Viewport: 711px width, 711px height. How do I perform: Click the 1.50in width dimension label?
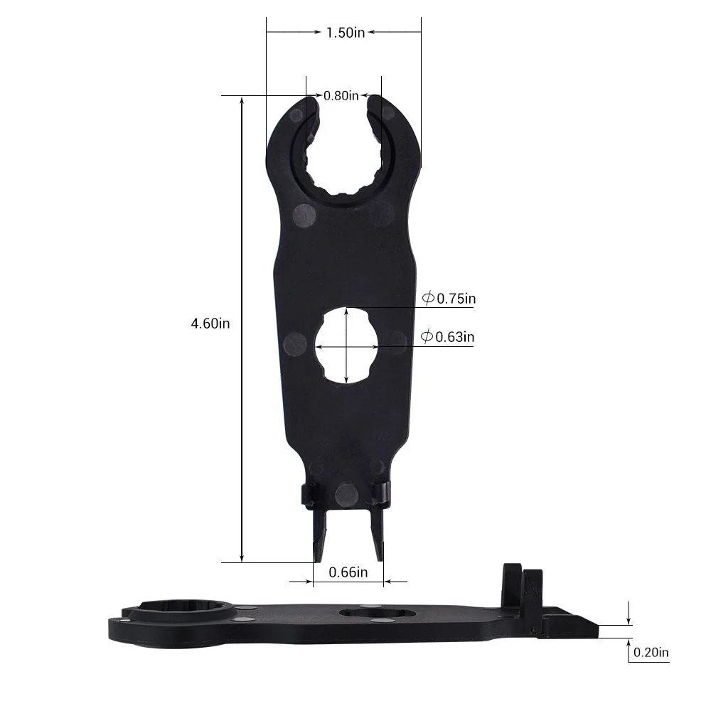[345, 32]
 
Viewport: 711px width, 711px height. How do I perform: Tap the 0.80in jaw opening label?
[341, 95]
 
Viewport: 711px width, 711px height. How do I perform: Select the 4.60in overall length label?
[210, 323]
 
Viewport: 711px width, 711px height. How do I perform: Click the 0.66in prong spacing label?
[348, 572]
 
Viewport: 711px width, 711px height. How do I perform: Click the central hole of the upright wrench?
[346, 346]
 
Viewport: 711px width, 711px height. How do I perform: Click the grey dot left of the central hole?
[294, 345]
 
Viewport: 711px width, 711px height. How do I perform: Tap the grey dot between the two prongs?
[346, 493]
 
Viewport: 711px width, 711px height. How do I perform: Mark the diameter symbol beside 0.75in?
[428, 299]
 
